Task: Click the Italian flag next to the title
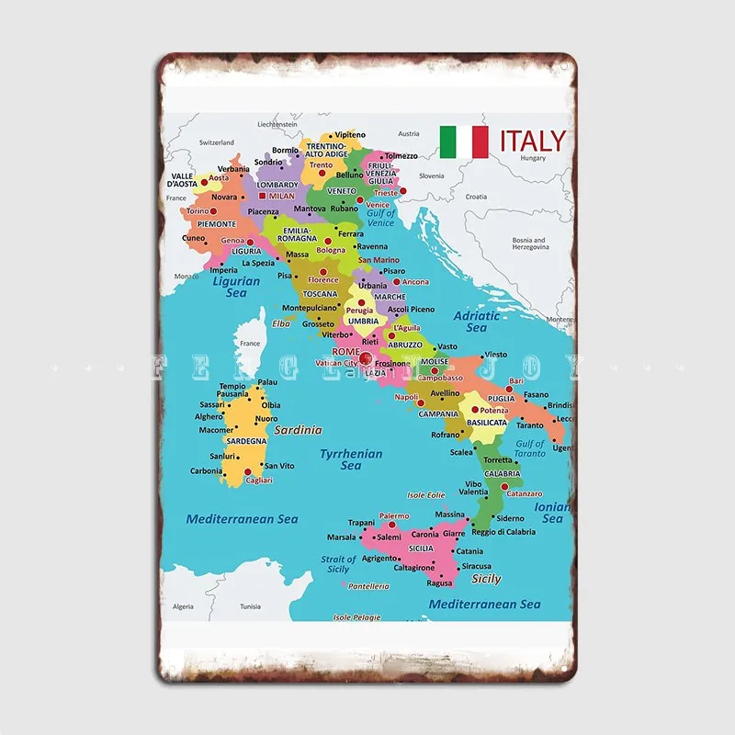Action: point(464,141)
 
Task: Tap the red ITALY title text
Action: point(533,141)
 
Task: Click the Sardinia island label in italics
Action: point(298,429)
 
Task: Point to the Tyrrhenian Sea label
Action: point(351,459)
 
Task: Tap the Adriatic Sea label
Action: point(477,322)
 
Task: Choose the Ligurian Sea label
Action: point(236,287)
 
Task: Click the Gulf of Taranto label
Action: point(530,449)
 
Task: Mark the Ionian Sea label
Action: point(552,513)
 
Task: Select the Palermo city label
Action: point(394,516)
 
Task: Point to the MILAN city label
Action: point(281,196)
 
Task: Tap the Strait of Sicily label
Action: point(338,564)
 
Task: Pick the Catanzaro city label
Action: point(524,494)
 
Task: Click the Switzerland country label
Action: point(218,142)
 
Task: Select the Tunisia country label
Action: point(250,606)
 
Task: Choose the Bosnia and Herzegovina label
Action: point(528,243)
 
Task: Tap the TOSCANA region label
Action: point(321,294)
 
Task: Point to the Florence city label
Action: point(323,279)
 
